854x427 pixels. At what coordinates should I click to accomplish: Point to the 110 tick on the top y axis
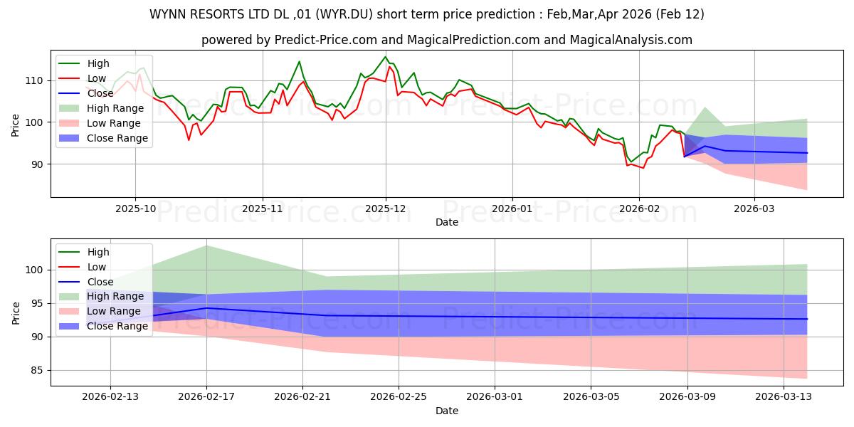point(33,80)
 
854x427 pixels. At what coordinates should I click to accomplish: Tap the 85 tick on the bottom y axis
point(36,370)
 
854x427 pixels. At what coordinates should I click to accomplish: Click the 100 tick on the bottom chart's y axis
point(33,270)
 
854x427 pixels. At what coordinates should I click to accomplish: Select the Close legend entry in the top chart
point(100,93)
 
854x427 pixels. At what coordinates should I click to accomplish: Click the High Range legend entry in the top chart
point(115,108)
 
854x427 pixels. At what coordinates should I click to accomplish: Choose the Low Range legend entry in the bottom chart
point(114,311)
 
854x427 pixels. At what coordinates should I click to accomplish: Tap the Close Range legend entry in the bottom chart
point(117,326)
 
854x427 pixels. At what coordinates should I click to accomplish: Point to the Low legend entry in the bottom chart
point(97,267)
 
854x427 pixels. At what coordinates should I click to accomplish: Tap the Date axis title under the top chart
point(446,222)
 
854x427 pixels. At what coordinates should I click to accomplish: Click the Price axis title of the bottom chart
point(16,312)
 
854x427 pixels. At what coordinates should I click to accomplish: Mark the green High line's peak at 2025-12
point(385,57)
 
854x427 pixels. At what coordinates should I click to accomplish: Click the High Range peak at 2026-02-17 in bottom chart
point(206,246)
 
